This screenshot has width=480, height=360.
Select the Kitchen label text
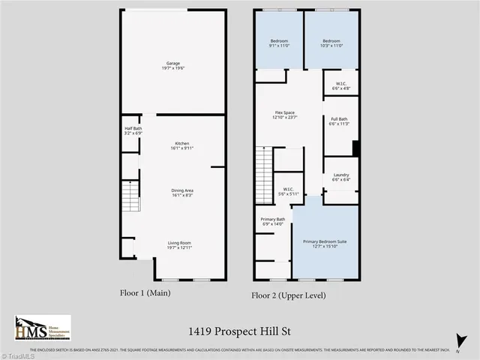coord(181,145)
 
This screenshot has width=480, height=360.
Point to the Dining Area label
coord(181,193)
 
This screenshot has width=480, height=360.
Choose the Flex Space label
coord(286,115)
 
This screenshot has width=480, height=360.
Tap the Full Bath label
coord(339,121)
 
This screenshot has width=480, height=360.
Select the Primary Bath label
coord(272,221)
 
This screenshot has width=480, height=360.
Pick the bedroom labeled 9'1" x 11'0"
coord(279,43)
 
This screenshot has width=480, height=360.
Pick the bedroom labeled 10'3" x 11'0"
coord(331,43)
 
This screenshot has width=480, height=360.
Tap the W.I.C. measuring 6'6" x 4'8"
coord(340,85)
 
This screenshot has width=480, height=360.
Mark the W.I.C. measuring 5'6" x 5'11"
coord(288,191)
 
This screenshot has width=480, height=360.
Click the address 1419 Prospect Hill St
coord(240,328)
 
